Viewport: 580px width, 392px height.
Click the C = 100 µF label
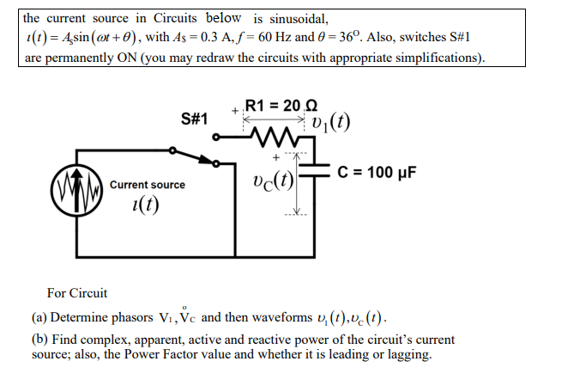pyautogui.click(x=378, y=172)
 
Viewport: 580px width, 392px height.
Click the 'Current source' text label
pyautogui.click(x=148, y=185)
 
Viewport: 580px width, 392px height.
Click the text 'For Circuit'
pyautogui.click(x=77, y=293)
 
